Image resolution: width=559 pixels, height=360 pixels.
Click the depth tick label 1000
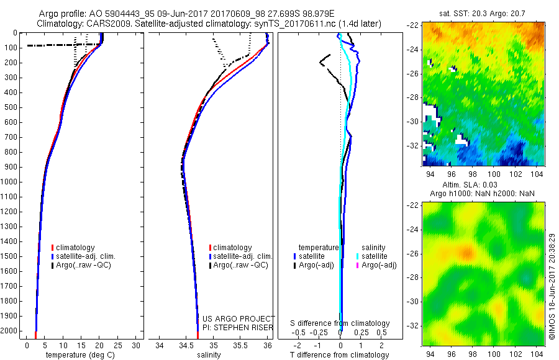(x=9, y=182)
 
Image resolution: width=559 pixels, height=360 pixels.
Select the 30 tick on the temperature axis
(x=137, y=345)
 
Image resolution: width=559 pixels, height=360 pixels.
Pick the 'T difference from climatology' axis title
(x=340, y=355)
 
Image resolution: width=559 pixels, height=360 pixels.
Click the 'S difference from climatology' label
(x=340, y=324)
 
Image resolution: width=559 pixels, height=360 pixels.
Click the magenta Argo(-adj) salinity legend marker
(x=358, y=265)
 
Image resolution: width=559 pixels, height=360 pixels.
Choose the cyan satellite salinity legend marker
(x=358, y=256)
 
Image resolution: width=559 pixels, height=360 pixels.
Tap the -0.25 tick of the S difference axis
(x=320, y=332)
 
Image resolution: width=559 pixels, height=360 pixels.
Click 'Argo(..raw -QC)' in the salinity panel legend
(x=241, y=265)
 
